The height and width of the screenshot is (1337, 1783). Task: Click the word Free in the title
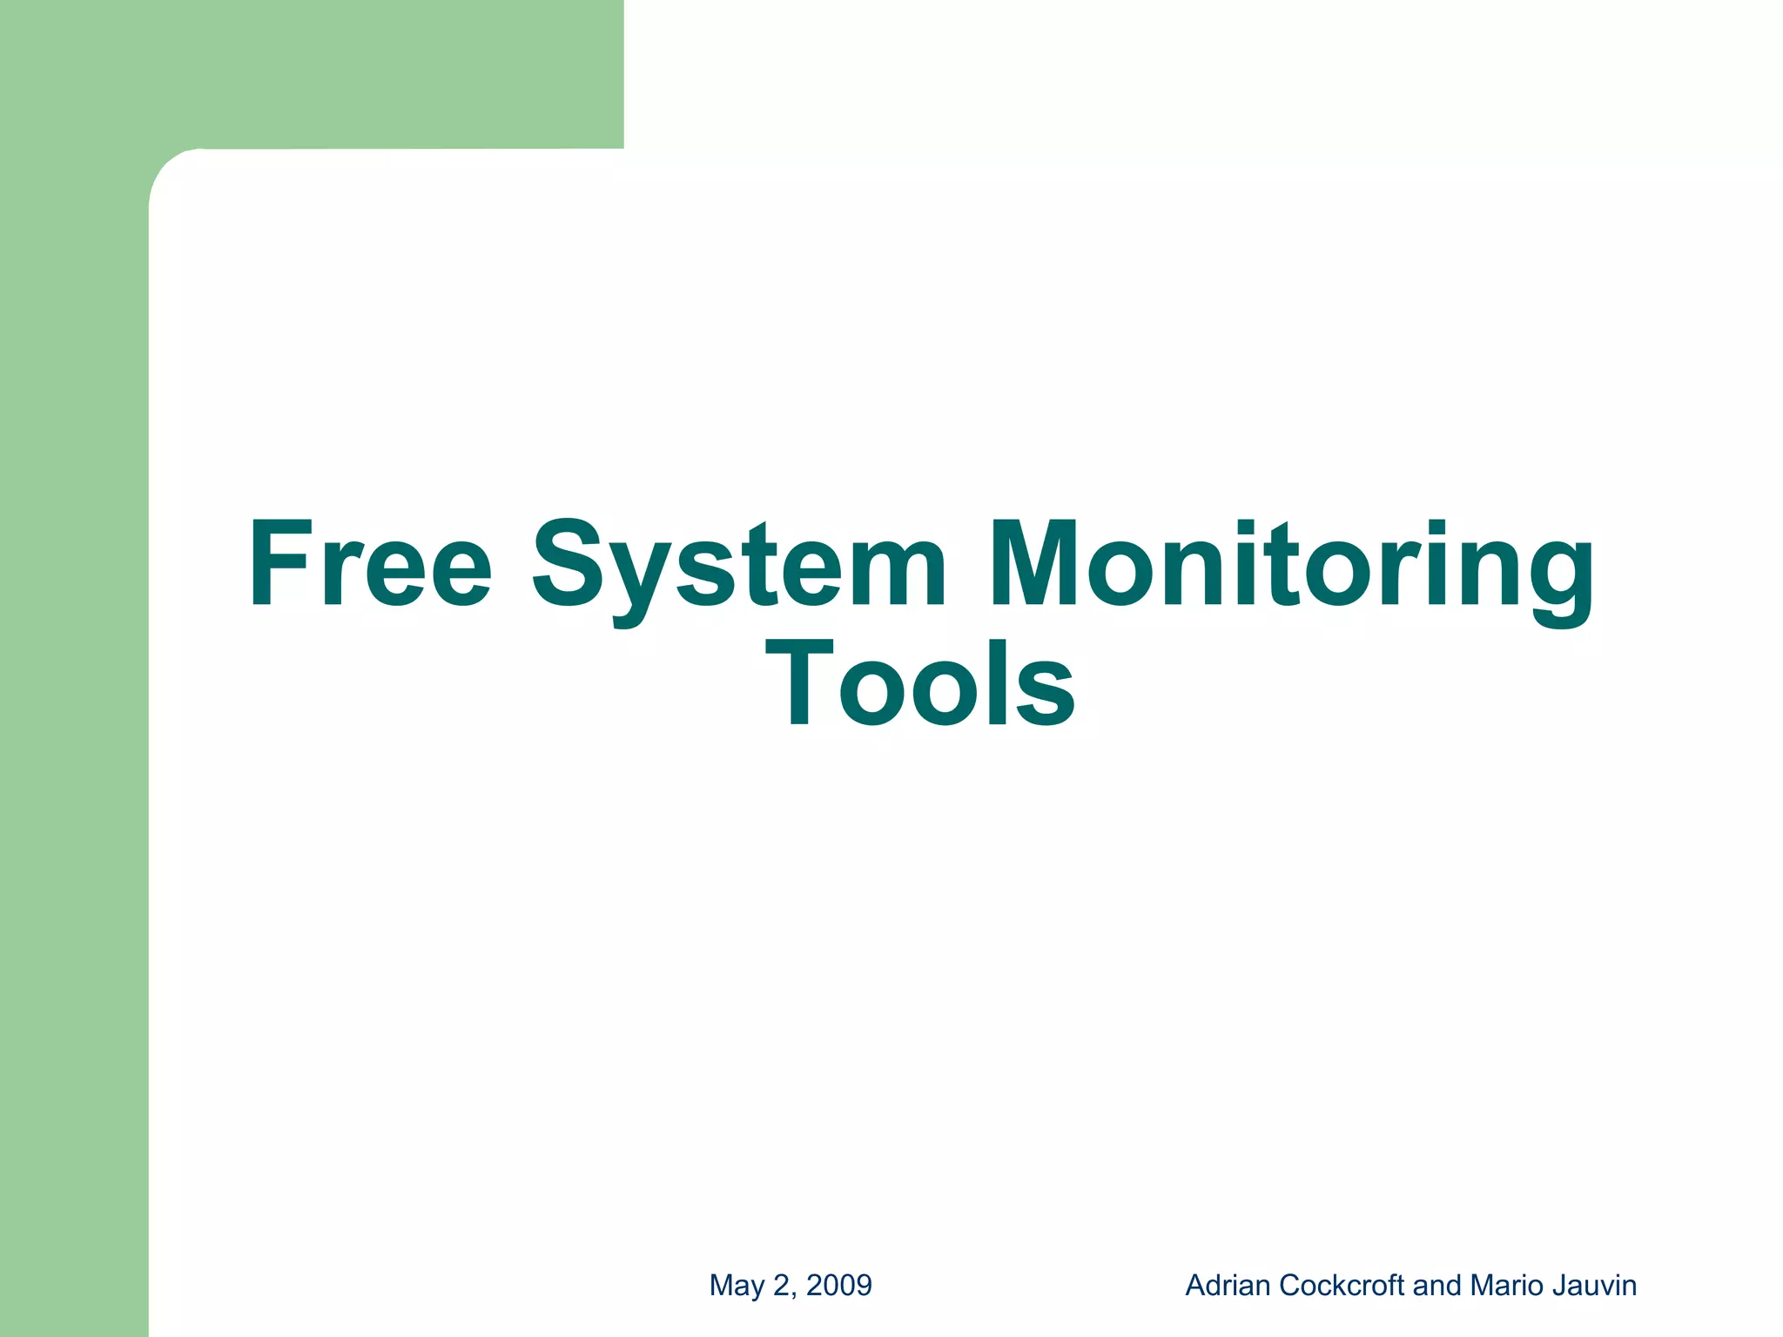(x=370, y=564)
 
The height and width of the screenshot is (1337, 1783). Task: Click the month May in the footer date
(x=737, y=1286)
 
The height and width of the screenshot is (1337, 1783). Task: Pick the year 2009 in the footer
(x=839, y=1286)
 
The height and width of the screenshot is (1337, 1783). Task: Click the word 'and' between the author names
(x=1438, y=1286)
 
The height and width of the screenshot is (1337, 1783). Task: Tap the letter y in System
(x=641, y=579)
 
